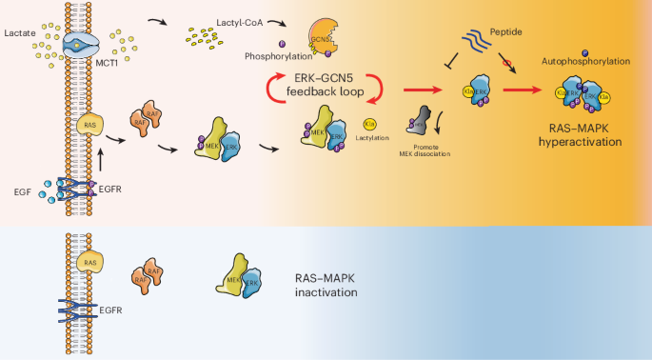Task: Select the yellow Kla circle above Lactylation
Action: (x=370, y=124)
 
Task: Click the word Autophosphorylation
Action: (x=597, y=61)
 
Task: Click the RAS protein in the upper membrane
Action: (x=89, y=123)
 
